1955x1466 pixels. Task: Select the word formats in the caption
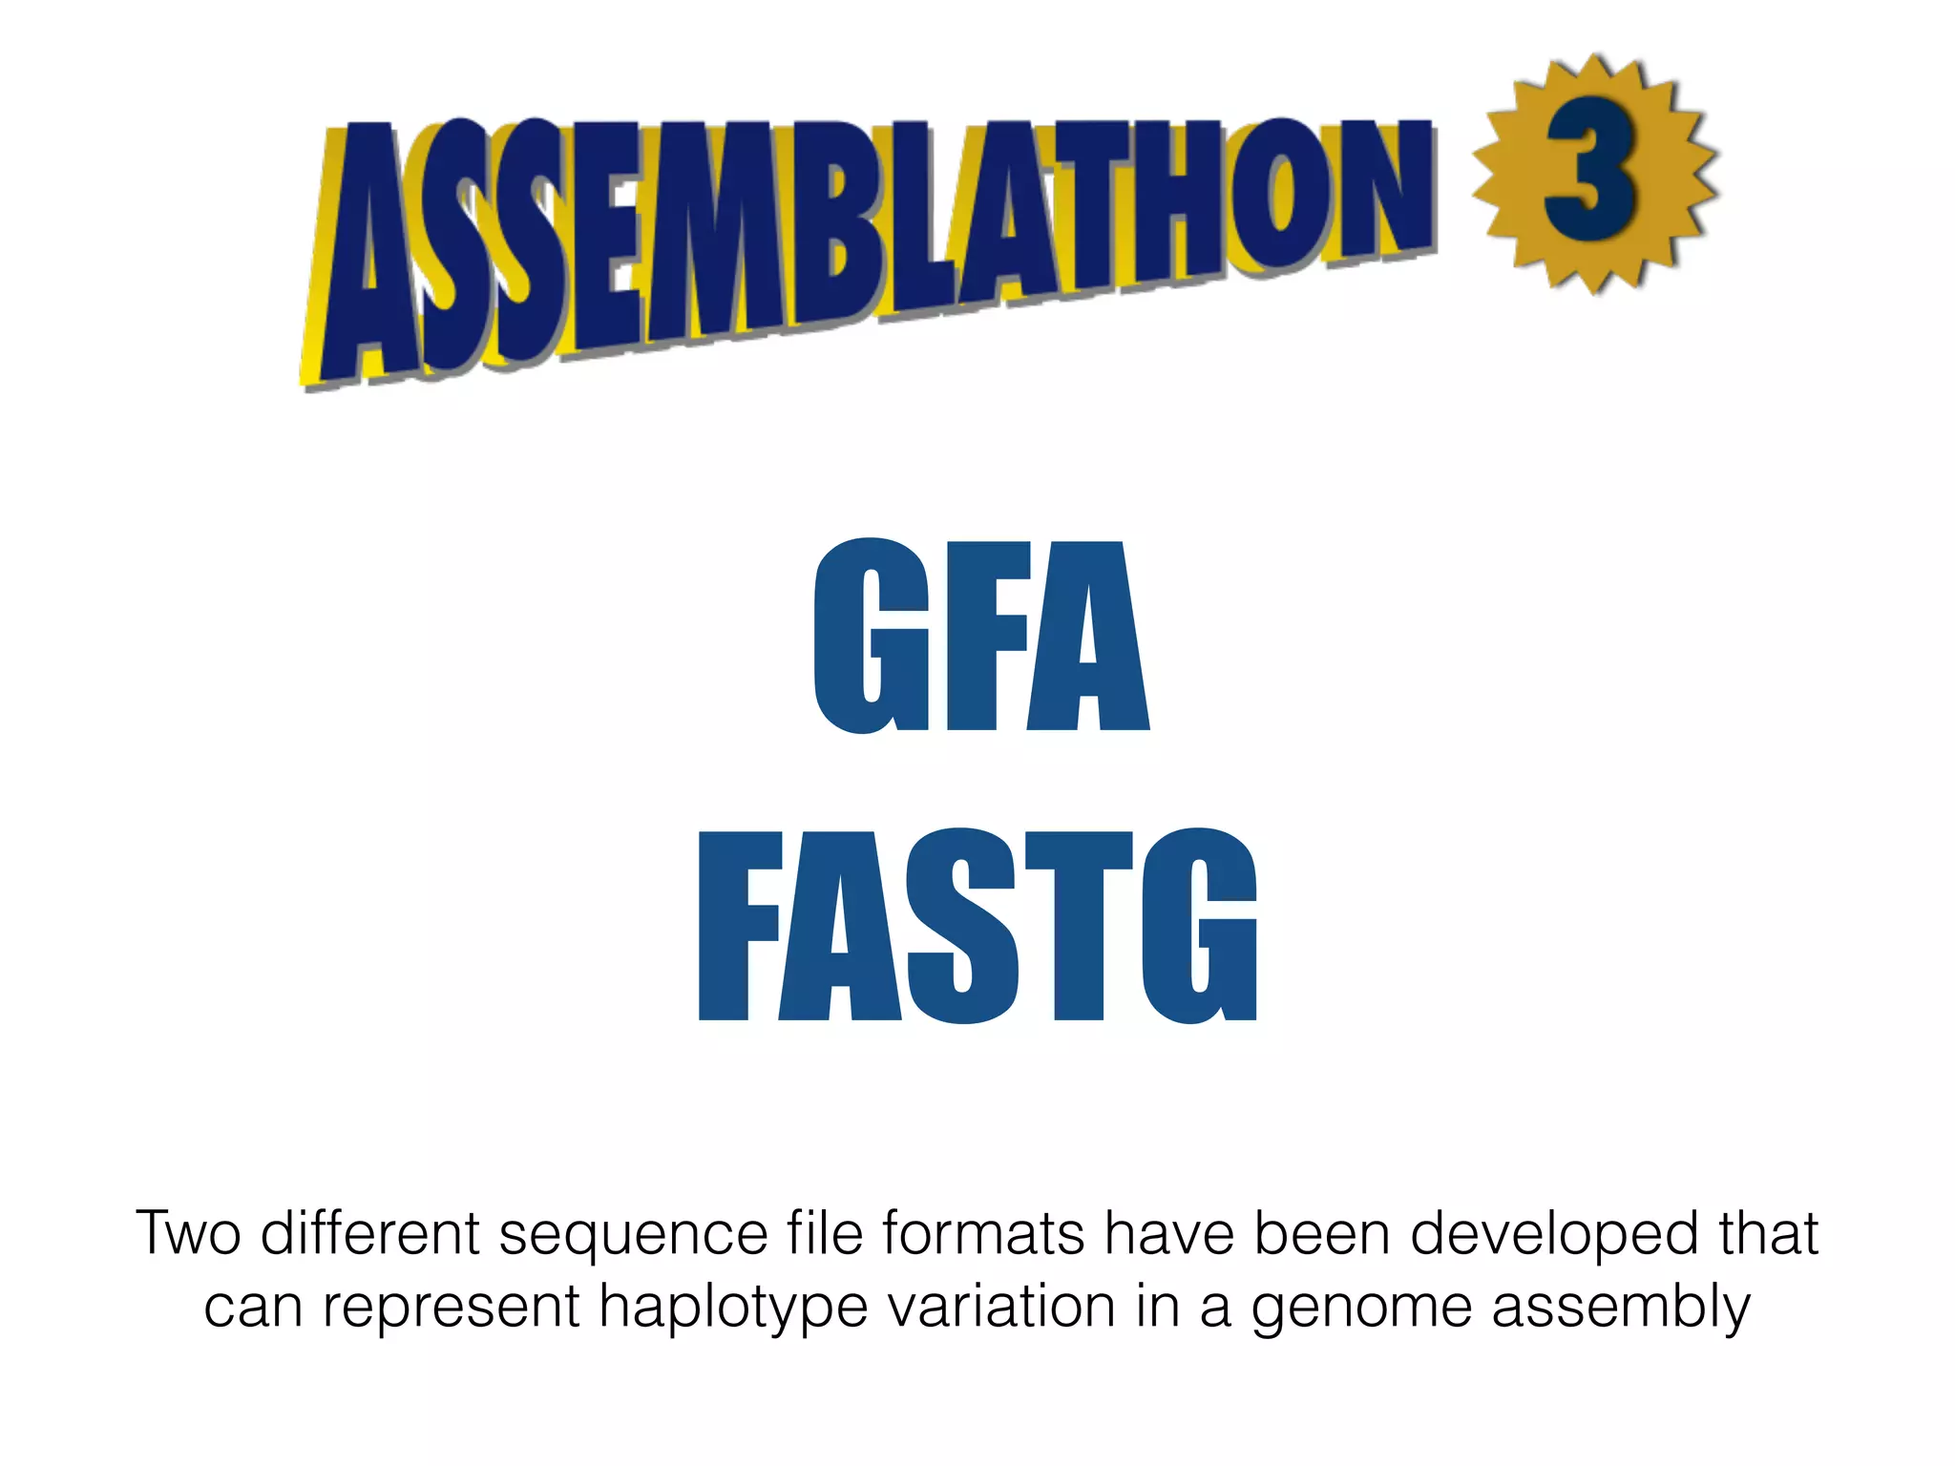point(983,1232)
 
